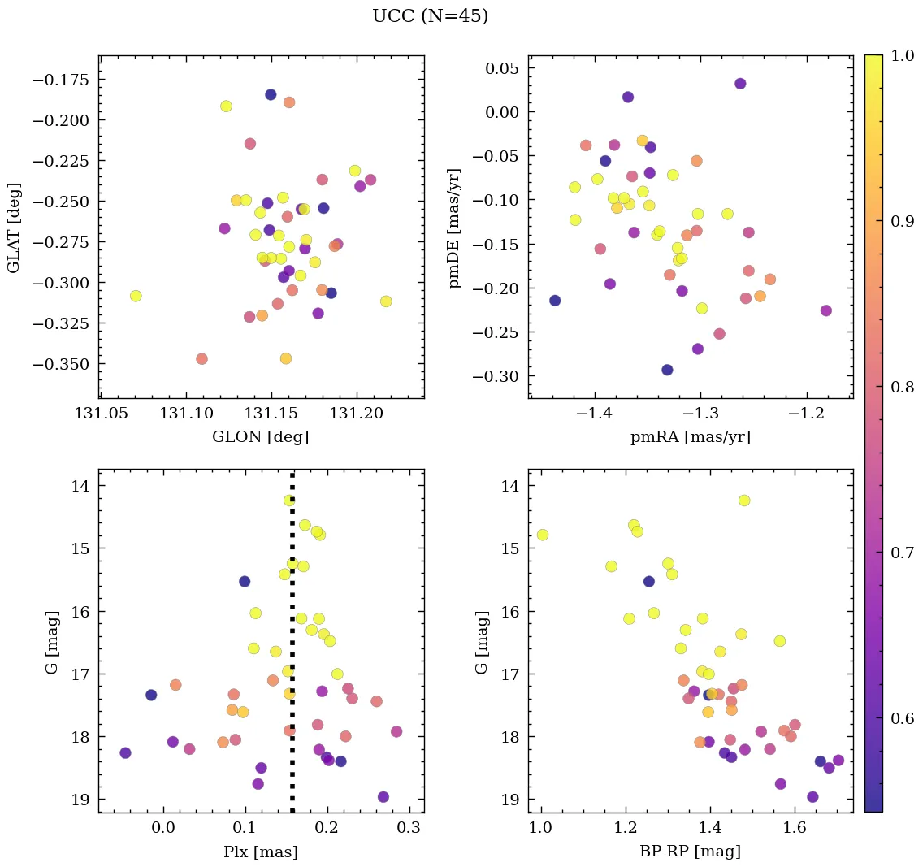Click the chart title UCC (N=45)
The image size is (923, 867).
tap(430, 16)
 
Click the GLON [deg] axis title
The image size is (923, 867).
tap(260, 437)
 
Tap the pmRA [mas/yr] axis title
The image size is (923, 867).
tap(690, 437)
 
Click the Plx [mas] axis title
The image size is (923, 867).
tap(260, 852)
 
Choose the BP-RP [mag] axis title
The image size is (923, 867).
tap(690, 852)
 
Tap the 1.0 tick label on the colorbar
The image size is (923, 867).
tap(900, 55)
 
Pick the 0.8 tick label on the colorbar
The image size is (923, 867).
tap(900, 387)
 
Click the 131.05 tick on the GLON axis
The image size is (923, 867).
tap(100, 414)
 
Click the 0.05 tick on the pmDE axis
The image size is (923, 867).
tap(502, 68)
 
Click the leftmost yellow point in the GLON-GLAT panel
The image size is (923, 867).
tap(136, 296)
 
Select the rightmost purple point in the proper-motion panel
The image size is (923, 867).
tap(825, 310)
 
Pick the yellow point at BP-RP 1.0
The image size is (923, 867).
tap(542, 535)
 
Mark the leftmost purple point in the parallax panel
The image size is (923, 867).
tap(125, 752)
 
